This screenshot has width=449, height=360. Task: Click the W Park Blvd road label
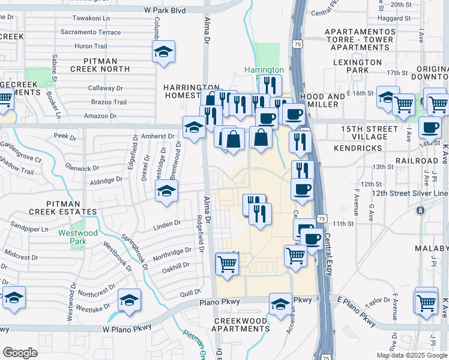(x=164, y=10)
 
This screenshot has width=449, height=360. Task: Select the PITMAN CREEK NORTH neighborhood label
(x=108, y=65)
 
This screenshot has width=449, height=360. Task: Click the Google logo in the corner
(x=20, y=353)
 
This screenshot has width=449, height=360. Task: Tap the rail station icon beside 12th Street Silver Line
(x=420, y=211)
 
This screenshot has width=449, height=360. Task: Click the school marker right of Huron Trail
(x=163, y=52)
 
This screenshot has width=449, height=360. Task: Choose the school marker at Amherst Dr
(x=193, y=127)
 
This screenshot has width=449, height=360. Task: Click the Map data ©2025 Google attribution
(x=411, y=355)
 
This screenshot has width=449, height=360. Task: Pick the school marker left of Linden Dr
(x=166, y=191)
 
